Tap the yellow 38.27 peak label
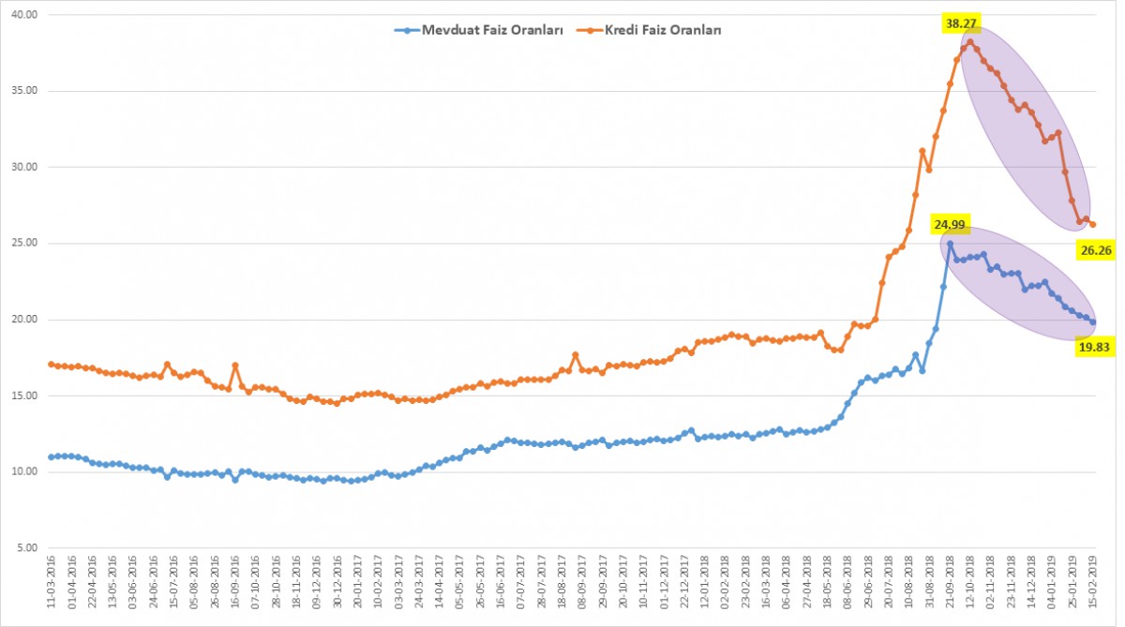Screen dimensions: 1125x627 click(961, 23)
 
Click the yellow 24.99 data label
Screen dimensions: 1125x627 click(950, 224)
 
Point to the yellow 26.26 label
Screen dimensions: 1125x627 click(1095, 250)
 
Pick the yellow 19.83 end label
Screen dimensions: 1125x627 click(1094, 347)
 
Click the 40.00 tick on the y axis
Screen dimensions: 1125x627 click(24, 15)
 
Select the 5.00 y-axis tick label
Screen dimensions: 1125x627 click(27, 547)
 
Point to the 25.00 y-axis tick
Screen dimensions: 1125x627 click(24, 243)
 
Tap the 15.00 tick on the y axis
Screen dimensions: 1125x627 click(24, 396)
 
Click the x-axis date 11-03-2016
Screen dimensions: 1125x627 click(51, 582)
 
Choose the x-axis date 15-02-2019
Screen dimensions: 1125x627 click(1092, 582)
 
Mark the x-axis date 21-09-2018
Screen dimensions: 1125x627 click(950, 582)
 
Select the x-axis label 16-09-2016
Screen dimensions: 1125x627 click(234, 582)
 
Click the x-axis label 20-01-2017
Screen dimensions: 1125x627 click(357, 582)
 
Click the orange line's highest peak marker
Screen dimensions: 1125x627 click(970, 42)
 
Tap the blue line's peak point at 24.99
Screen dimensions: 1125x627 click(950, 244)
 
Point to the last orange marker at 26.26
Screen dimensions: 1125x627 click(1092, 224)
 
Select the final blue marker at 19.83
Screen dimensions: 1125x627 click(1092, 322)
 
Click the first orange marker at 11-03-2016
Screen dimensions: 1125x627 click(51, 364)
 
